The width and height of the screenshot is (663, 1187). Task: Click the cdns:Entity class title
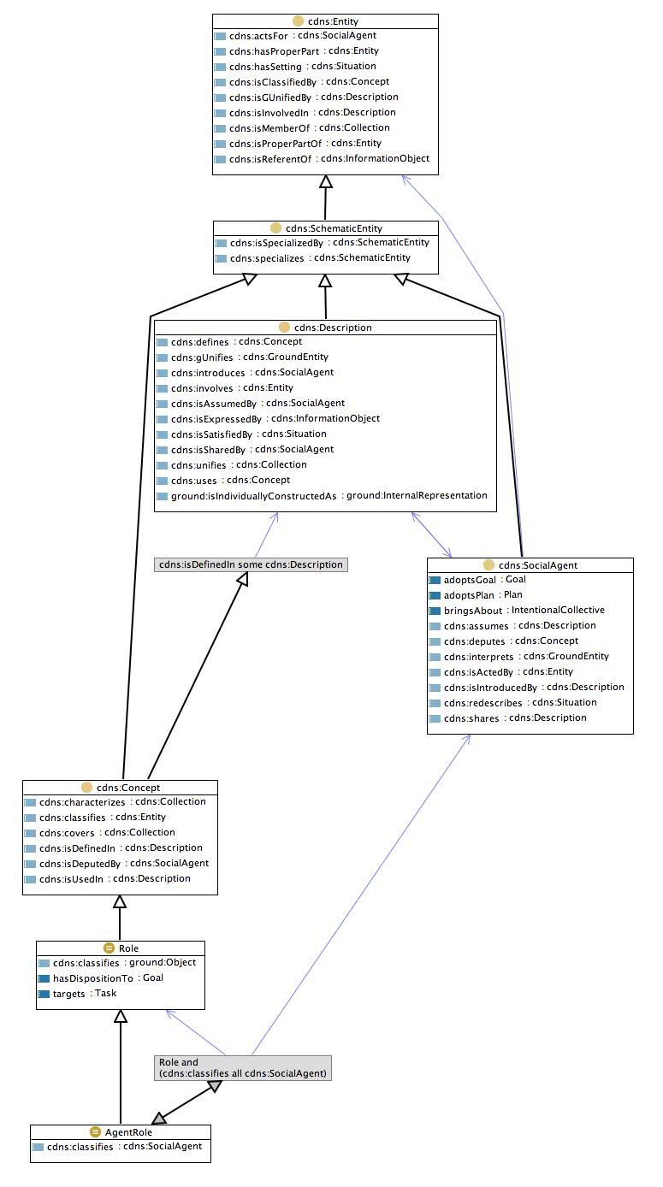coord(331,20)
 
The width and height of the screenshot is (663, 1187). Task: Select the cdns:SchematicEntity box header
coord(332,228)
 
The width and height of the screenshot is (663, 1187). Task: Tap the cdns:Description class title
coord(331,328)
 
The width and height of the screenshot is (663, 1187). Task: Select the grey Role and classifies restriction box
coord(242,1067)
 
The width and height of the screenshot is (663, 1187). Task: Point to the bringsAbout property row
coord(475,611)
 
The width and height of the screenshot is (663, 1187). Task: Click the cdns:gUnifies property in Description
coord(201,357)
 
